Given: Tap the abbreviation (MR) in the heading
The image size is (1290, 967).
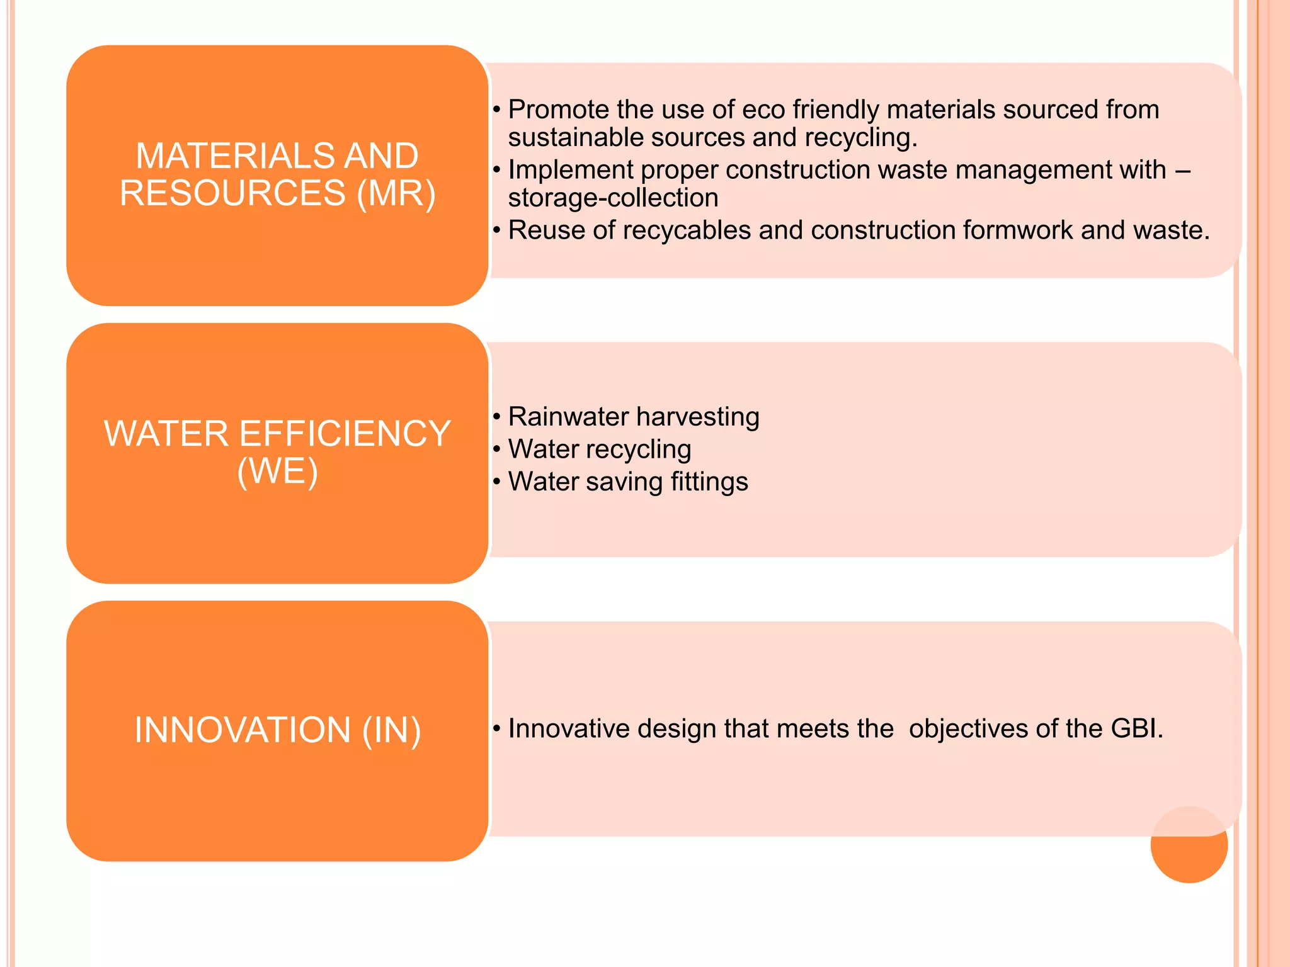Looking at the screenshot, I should tap(396, 193).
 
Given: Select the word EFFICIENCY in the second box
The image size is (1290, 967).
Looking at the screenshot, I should tap(345, 434).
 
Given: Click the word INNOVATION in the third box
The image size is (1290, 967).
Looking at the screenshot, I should tap(243, 730).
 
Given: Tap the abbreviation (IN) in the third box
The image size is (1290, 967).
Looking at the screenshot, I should tap(391, 730).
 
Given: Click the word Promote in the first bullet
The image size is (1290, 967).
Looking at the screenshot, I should tap(557, 110).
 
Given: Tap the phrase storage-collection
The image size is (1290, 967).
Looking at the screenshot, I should tap(613, 198).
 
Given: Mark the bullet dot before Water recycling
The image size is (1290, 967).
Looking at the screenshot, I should tap(496, 450).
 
